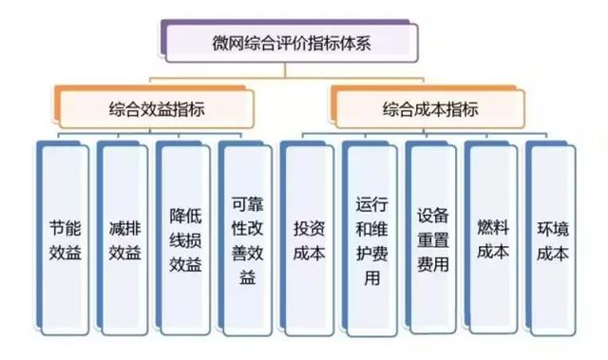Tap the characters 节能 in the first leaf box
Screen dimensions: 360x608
(x=65, y=229)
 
